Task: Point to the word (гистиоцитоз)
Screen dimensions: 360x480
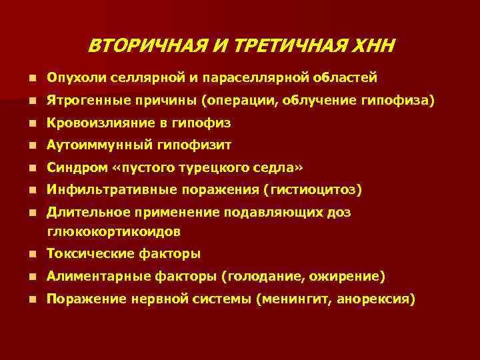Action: (313, 191)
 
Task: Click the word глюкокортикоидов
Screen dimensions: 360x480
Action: (113, 231)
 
